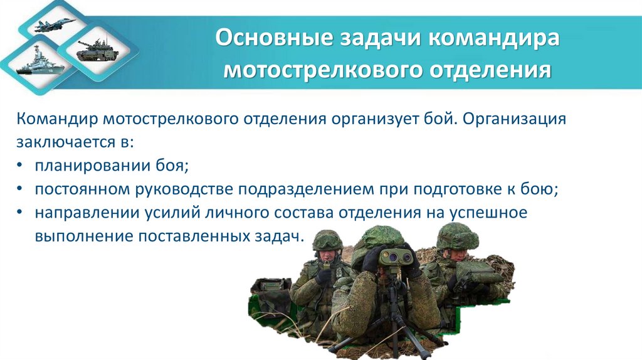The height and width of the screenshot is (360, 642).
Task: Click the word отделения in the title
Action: click(490, 69)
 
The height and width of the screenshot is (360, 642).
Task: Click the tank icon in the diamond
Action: click(95, 50)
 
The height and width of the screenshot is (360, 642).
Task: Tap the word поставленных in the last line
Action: click(194, 237)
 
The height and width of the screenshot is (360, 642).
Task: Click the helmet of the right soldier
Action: click(457, 236)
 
